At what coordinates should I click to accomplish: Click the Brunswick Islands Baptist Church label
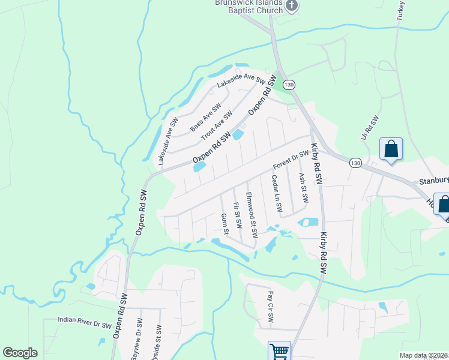pos(249,7)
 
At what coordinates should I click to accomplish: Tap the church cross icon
pos(292,6)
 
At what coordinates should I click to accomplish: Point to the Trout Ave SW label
pos(216,125)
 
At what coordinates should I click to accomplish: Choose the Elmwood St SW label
pos(252,214)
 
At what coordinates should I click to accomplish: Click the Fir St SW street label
pos(238,215)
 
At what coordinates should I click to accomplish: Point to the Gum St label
pos(224,223)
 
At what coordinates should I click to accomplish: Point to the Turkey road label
pos(400,11)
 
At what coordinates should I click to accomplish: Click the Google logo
pos(20,353)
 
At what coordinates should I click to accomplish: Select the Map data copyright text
pos(423,355)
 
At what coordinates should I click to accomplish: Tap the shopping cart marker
pos(279,351)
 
